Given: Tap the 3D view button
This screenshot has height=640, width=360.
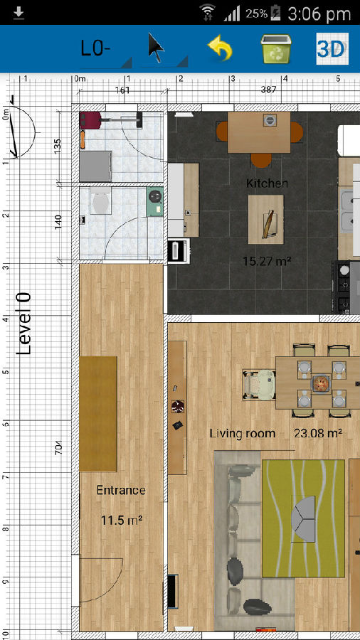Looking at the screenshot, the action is click(x=332, y=49).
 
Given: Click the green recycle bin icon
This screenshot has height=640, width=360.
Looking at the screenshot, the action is click(x=276, y=48).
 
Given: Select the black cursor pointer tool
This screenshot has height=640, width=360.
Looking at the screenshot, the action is click(x=156, y=48).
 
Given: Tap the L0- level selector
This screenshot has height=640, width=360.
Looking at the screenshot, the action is click(x=95, y=48).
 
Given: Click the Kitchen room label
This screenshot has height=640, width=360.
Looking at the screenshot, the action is click(x=267, y=183).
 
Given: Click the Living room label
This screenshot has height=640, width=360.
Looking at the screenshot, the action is click(x=243, y=433).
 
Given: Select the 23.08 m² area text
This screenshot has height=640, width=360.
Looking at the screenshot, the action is click(x=317, y=432).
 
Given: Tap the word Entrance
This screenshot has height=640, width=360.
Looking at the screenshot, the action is click(x=121, y=490).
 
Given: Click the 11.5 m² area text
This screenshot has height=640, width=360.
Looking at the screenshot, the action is click(x=121, y=521).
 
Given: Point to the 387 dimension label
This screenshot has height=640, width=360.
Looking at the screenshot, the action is click(x=268, y=90).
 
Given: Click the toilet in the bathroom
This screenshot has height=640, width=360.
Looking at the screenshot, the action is click(x=100, y=201).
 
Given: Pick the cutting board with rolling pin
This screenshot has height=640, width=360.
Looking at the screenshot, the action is click(x=265, y=219).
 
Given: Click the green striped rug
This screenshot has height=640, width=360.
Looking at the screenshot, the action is click(x=303, y=518).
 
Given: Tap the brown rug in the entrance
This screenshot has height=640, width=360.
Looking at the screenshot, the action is click(x=98, y=413).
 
